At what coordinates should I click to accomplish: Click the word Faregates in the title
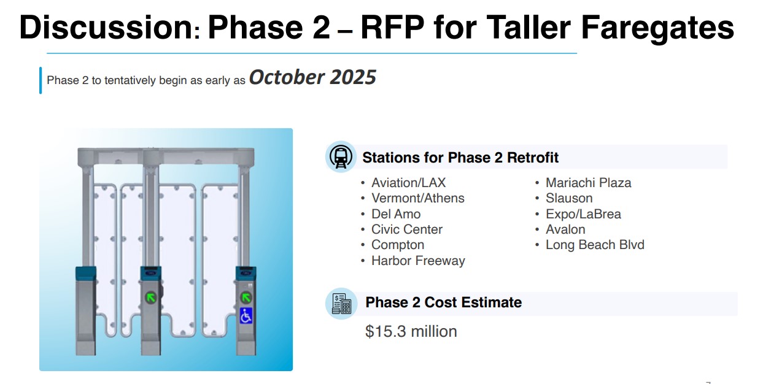click(x=657, y=28)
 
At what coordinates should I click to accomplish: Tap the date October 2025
click(x=312, y=77)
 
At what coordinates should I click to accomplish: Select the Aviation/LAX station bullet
click(x=408, y=183)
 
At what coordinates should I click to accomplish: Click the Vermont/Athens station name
click(x=417, y=199)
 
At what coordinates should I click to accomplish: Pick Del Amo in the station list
click(x=396, y=214)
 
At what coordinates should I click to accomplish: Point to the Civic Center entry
click(x=407, y=229)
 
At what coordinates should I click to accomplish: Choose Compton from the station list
click(x=398, y=245)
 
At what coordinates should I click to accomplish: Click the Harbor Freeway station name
click(x=418, y=261)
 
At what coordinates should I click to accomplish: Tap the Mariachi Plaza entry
click(x=588, y=183)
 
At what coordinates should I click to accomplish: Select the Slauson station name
click(x=569, y=198)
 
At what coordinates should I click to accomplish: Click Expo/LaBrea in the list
click(x=583, y=214)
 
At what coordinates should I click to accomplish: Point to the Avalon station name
click(x=565, y=229)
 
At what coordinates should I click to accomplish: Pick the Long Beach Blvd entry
click(x=595, y=245)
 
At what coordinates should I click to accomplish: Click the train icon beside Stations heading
click(x=341, y=157)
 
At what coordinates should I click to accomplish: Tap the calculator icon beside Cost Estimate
click(x=341, y=304)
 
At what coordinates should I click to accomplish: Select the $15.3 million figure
click(x=411, y=332)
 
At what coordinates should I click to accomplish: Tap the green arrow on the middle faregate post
click(x=151, y=298)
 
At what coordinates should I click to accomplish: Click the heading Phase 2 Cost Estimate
click(x=443, y=302)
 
